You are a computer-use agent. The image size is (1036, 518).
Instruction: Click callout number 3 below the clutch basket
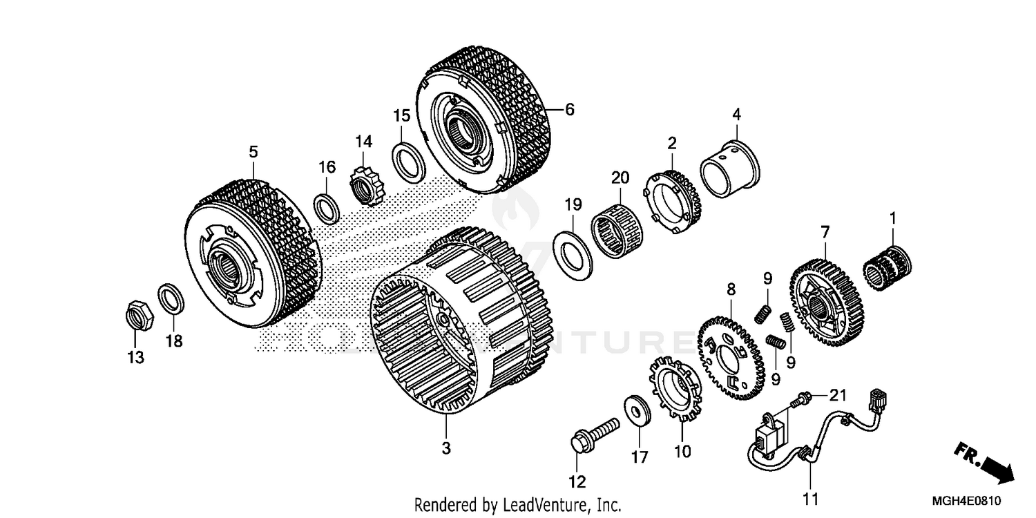click(446, 448)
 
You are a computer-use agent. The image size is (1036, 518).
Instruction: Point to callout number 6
click(569, 109)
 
